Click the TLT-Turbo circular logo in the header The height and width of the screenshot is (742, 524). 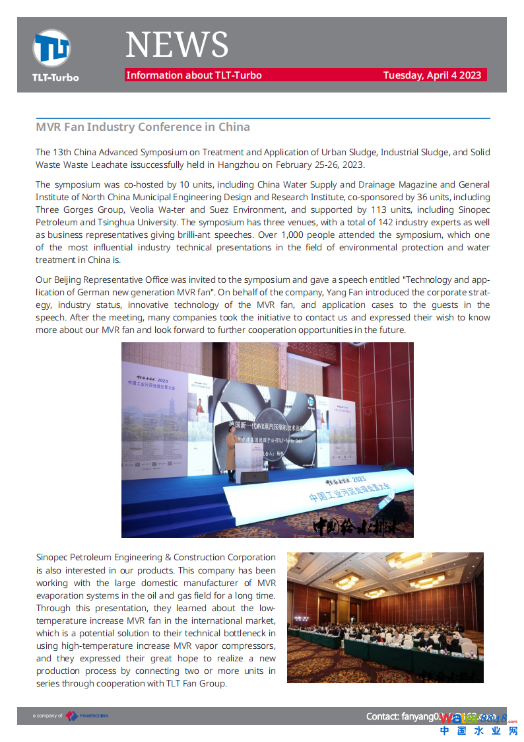point(51,48)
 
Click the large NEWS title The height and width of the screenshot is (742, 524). point(177,45)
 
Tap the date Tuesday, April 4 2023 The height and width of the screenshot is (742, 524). point(432,75)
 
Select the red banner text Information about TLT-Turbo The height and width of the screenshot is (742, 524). point(194,75)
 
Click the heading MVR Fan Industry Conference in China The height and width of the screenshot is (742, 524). point(143,127)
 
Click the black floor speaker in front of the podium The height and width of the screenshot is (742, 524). point(254,477)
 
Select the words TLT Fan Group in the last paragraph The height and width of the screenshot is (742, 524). point(194,684)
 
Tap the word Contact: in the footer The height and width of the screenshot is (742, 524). point(383,716)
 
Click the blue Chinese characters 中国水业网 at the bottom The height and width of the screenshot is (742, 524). point(478,731)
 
